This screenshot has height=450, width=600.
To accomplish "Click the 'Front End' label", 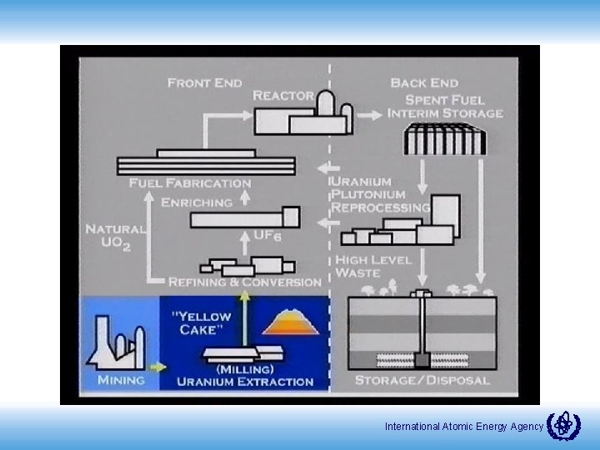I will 205,82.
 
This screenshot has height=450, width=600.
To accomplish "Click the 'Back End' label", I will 424,82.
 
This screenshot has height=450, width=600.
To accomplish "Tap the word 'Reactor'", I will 283,96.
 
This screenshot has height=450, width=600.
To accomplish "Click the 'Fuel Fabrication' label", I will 190,182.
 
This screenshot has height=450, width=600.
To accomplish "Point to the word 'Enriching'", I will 196,202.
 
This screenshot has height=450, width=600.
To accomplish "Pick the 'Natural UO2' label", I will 114,237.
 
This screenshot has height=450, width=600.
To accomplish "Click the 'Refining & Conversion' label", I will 244,282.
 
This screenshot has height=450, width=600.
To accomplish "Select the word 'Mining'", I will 121,380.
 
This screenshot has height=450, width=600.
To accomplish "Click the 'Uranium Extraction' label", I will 245,382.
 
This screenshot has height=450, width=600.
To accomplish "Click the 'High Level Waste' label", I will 372,266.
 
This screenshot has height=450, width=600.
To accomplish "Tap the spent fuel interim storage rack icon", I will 443,138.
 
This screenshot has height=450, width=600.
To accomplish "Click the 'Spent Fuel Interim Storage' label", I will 445,106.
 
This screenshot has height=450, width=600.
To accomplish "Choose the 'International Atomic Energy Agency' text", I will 463,427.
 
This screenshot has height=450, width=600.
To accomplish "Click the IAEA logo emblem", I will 563,426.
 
